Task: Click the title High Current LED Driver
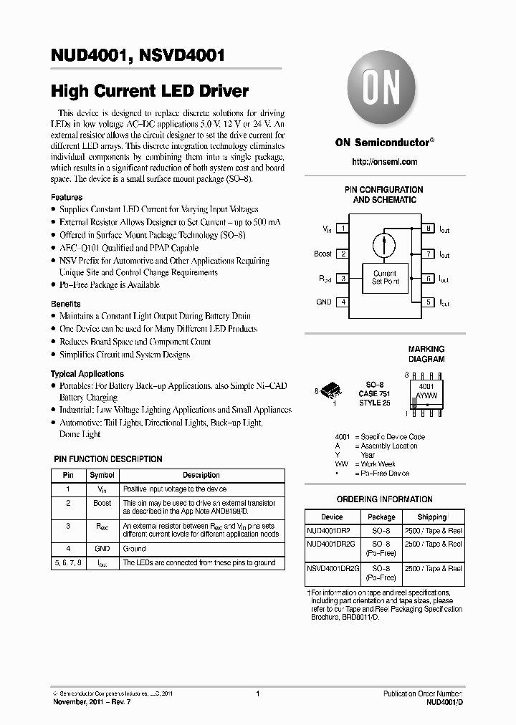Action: tap(149, 91)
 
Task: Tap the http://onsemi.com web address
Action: tap(384, 162)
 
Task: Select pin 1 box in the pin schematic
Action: tap(344, 229)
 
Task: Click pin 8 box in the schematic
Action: tap(428, 229)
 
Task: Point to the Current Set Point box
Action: tap(384, 277)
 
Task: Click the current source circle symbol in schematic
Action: tap(385, 244)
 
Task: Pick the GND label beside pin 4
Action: tap(324, 302)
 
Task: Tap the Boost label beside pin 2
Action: tap(323, 254)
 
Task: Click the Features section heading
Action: tap(67, 197)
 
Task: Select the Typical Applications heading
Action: tap(87, 374)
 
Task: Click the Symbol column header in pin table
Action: tap(101, 475)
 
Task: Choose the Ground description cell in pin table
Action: tap(135, 549)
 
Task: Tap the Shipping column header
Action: tap(431, 517)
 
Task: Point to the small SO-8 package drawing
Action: tap(332, 390)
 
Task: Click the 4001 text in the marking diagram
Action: tap(426, 385)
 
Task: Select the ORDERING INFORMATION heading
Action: tap(384, 499)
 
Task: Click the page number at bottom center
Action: tap(257, 693)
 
